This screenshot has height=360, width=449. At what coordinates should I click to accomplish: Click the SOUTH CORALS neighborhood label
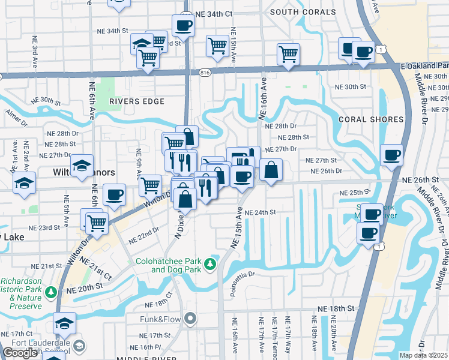[x=303, y=12]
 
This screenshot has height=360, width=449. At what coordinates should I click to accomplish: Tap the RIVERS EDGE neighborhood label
[x=137, y=101]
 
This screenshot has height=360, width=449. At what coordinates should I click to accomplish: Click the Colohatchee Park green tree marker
[x=210, y=263]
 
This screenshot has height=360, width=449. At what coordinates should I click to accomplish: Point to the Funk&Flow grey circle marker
[x=191, y=319]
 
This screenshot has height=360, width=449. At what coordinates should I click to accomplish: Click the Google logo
[x=20, y=353]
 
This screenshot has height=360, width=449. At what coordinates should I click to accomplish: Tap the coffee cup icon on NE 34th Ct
[x=184, y=26]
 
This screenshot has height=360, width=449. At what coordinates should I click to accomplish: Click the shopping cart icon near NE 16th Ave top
[x=289, y=54]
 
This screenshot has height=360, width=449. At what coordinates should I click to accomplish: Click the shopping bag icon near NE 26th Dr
[x=271, y=170]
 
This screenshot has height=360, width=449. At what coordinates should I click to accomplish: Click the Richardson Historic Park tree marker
[x=52, y=292]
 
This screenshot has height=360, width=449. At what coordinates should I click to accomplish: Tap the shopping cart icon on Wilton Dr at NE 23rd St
[x=96, y=223]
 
